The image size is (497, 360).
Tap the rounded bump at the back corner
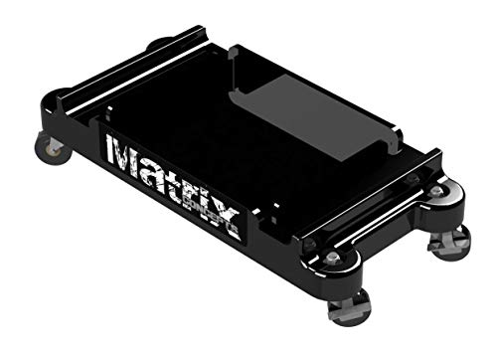click(159, 44)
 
